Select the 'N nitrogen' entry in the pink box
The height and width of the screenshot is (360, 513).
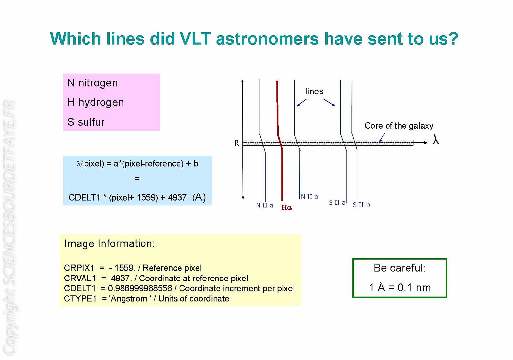92,83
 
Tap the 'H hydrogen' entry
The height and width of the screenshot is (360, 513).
96,102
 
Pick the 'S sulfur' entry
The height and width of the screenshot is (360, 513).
86,122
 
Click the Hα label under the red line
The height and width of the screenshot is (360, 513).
287,207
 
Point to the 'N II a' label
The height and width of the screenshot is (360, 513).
264,205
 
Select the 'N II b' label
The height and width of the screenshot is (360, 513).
309,197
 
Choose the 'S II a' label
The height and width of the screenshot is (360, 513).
337,202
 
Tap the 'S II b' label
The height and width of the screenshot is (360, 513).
361,205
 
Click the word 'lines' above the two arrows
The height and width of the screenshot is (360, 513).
314,91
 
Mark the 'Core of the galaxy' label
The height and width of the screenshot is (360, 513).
399,126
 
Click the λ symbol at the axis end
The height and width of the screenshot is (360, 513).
436,139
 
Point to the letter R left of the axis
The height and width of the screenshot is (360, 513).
237,143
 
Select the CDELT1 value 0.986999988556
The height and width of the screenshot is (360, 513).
140,288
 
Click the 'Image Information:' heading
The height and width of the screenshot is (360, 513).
109,243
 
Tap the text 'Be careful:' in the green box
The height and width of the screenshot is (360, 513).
400,268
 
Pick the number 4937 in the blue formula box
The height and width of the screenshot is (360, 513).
177,197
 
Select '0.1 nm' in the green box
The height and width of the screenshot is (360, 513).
414,287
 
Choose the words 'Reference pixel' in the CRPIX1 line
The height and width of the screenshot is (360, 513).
172,268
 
